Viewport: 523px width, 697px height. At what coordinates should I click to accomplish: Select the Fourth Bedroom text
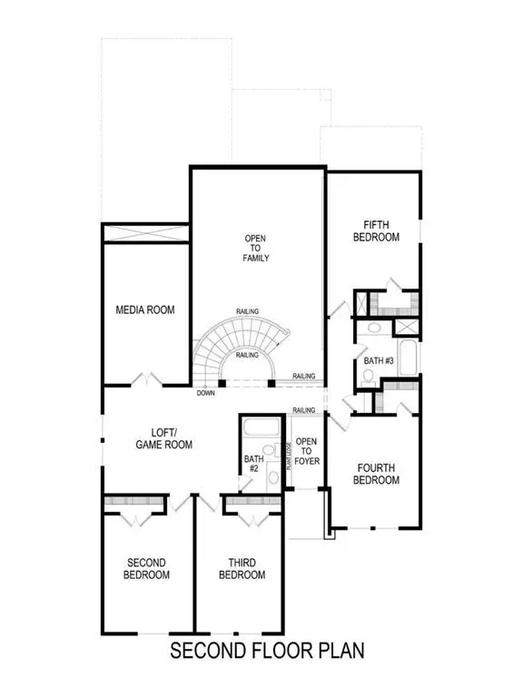[x=375, y=474]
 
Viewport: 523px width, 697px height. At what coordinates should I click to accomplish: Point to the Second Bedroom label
[x=146, y=569]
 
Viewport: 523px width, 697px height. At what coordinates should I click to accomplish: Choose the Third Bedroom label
[x=242, y=569]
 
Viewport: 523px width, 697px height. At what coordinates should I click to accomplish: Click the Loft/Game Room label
[x=164, y=438]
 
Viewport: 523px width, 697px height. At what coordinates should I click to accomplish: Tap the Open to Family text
[x=256, y=248]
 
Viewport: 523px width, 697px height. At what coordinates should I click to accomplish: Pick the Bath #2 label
[x=252, y=465]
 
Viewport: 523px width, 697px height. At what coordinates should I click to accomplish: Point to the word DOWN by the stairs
[x=206, y=394]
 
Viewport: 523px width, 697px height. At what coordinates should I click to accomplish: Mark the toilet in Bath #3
[x=374, y=330]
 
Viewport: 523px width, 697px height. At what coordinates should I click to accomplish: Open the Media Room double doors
[x=146, y=378]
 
